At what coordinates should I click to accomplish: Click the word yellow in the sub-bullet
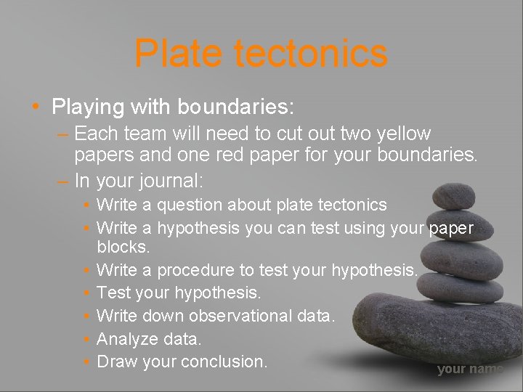click(x=403, y=134)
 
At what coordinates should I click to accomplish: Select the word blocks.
click(x=123, y=247)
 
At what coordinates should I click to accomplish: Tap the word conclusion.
click(x=224, y=361)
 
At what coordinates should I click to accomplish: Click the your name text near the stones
click(x=469, y=369)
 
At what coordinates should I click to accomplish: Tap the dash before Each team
click(x=62, y=134)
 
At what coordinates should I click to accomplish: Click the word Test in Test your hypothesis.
click(x=111, y=293)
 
